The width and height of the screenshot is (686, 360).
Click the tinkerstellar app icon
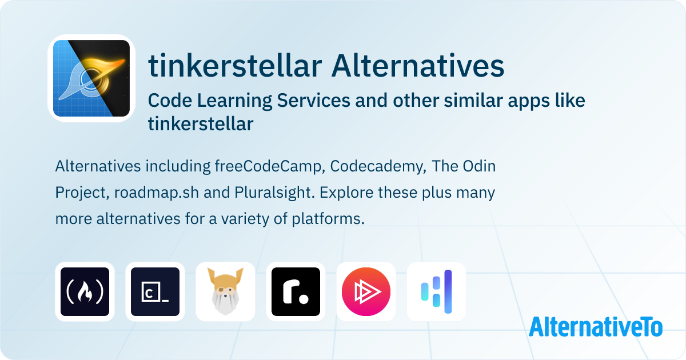tap(91, 78)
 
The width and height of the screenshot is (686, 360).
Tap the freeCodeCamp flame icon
tap(85, 291)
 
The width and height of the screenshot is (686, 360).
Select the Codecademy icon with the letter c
tap(155, 291)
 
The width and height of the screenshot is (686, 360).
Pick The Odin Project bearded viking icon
tap(225, 291)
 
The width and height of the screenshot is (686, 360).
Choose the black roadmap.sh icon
tap(296, 291)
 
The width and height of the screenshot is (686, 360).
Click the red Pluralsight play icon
tap(366, 291)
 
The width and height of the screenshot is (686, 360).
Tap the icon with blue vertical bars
tap(436, 291)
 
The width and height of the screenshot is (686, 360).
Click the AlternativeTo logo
tap(596, 327)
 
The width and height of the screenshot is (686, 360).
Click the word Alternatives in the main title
tap(418, 66)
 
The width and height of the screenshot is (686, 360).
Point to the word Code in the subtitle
tap(170, 101)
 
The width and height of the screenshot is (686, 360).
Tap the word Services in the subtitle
tap(314, 101)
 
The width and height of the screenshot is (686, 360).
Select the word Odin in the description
tap(479, 166)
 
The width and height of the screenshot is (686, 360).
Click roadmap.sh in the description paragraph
tap(157, 193)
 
